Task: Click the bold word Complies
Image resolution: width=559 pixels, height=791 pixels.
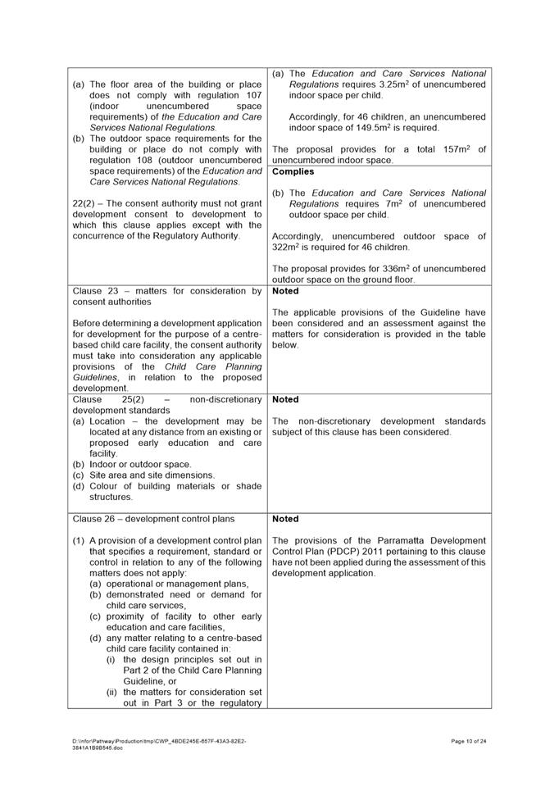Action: [x=293, y=172]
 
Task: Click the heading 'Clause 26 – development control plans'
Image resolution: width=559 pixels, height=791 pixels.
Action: [x=153, y=519]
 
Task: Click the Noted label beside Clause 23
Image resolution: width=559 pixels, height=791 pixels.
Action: [x=285, y=291]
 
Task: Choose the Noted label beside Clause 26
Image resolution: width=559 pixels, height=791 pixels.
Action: [x=285, y=519]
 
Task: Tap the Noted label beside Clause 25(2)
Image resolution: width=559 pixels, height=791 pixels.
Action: [x=285, y=399]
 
